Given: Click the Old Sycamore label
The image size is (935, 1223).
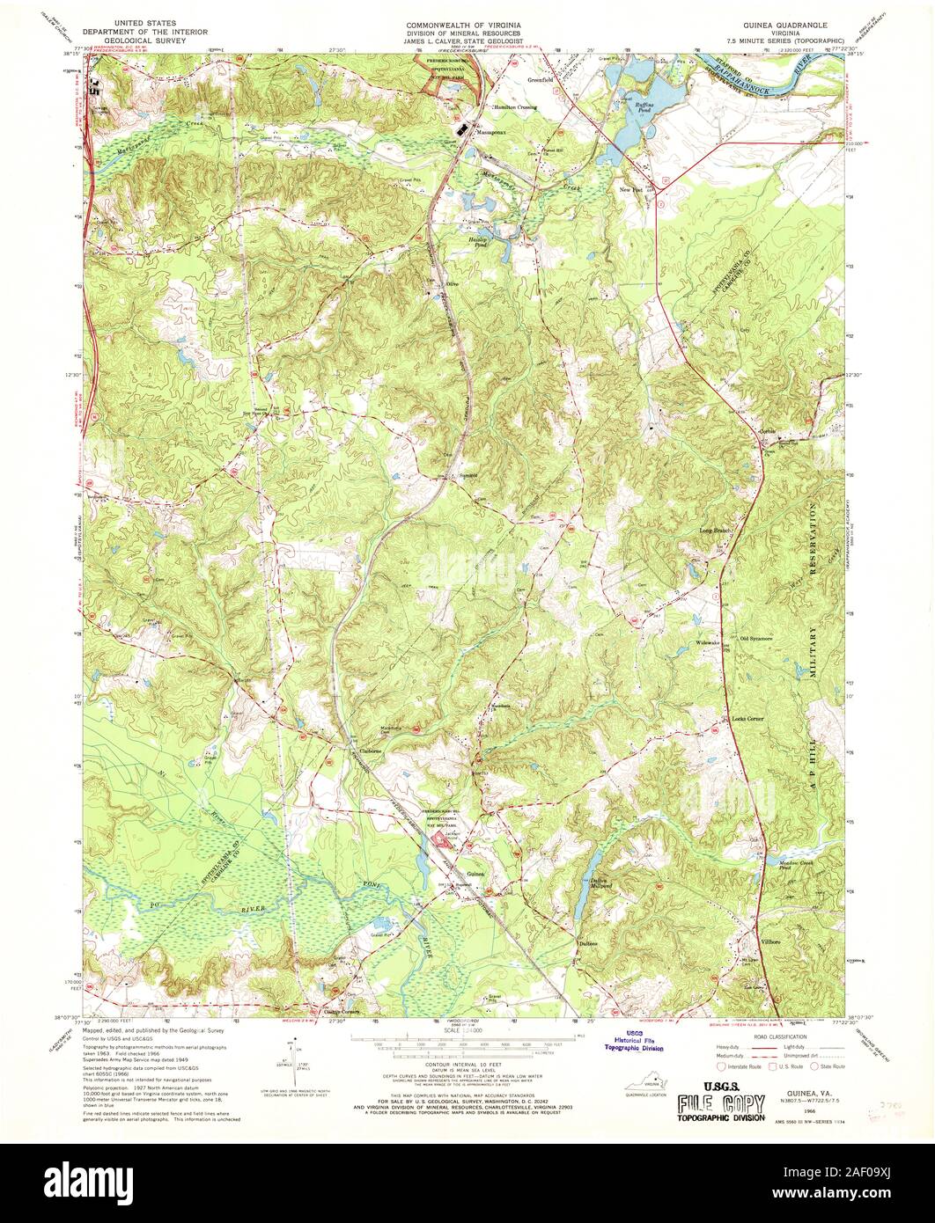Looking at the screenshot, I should point(756,638).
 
